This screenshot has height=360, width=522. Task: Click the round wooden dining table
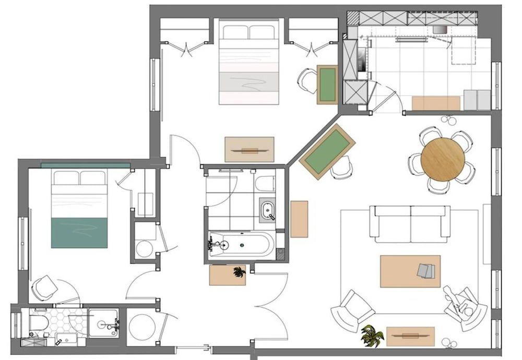point(442,159)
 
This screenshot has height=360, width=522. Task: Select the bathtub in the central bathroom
point(241,244)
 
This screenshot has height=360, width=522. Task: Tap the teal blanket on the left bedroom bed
point(79,232)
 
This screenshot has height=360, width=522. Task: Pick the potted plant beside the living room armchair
point(372,334)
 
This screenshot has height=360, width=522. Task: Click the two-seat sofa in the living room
point(410,223)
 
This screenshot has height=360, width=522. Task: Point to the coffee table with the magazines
point(410,271)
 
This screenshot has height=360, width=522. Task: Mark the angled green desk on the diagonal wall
point(327,151)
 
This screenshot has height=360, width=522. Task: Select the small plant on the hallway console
point(239,272)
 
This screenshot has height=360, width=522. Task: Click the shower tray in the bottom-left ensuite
point(103,323)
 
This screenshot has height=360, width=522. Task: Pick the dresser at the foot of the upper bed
point(249,149)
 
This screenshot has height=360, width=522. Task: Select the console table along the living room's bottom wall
point(410,337)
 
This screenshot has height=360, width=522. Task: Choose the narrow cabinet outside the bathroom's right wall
point(299,219)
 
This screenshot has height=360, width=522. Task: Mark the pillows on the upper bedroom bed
point(247,32)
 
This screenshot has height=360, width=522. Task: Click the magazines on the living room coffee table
point(426,270)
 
